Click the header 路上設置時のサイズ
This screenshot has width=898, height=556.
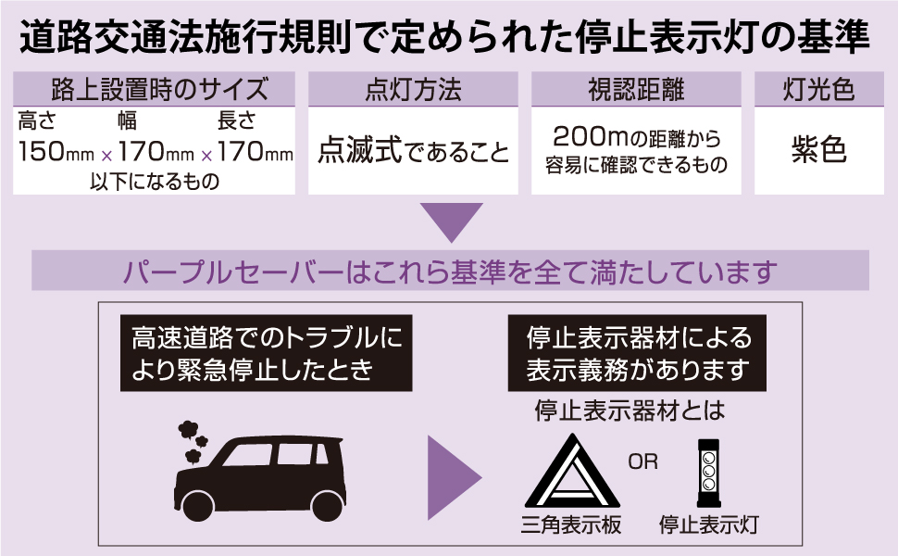coord(154,91)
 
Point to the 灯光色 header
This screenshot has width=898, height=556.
coord(818,91)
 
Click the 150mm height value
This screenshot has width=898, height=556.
coord(52,152)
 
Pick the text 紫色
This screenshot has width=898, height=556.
coord(818,150)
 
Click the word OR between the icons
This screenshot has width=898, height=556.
coord(642,461)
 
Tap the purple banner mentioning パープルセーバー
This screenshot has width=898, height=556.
coord(450,271)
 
